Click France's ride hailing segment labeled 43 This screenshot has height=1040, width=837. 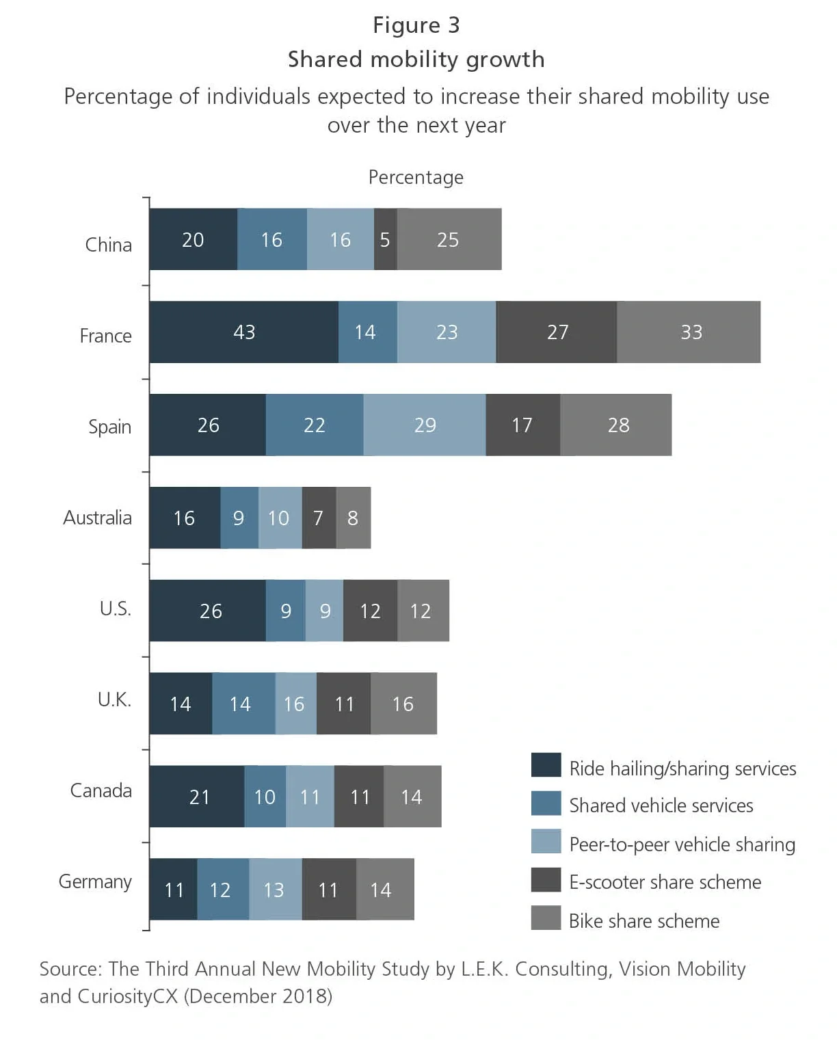pos(243,332)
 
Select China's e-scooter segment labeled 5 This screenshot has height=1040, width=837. pos(385,240)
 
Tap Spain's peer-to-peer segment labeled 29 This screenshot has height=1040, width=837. pos(425,425)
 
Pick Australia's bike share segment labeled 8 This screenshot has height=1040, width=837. pos(353,518)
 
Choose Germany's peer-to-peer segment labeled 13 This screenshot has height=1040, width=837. pos(275,890)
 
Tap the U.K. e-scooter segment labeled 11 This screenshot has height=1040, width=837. pos(344,704)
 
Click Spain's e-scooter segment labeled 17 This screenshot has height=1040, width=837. pos(522,425)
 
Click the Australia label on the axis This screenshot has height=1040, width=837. pos(97,518)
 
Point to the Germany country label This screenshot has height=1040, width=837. pos(95,881)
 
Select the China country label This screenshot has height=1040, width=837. pos(108,245)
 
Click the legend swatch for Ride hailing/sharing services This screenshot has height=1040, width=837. pos(546,765)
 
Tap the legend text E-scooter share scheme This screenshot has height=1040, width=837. pos(665,882)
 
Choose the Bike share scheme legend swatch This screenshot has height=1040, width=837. pos(546,918)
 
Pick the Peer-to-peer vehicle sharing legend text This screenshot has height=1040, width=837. pos(682,844)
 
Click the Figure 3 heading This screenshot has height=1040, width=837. pos(416,25)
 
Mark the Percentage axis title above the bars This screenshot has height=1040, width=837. pos(416,177)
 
